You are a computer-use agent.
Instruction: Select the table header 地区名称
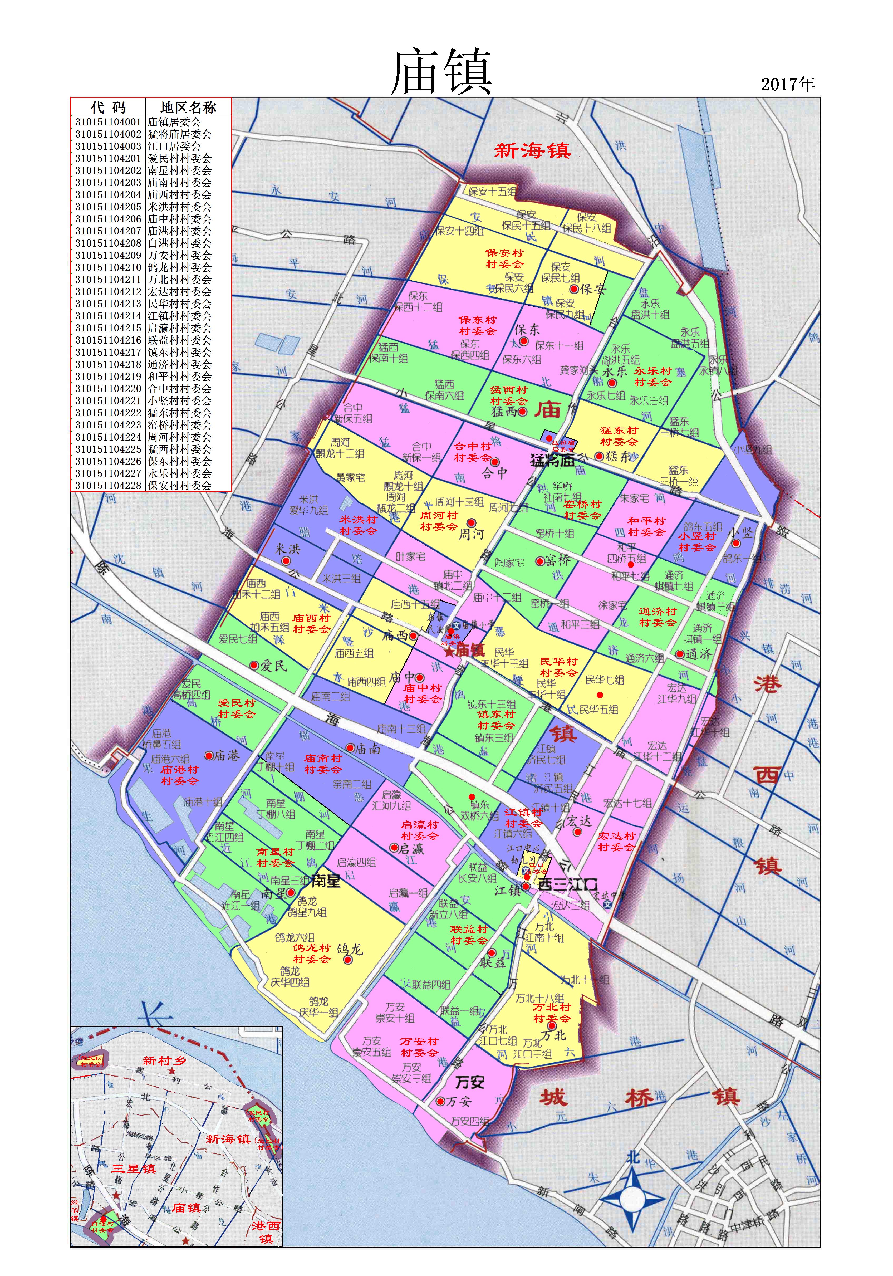click(188, 107)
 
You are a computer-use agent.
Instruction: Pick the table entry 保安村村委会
click(179, 485)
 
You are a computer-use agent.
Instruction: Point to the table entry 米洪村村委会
click(179, 207)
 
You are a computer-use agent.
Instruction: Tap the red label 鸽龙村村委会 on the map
click(312, 953)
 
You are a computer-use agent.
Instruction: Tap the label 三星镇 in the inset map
click(133, 1168)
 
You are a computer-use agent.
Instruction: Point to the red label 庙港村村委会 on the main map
click(179, 775)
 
